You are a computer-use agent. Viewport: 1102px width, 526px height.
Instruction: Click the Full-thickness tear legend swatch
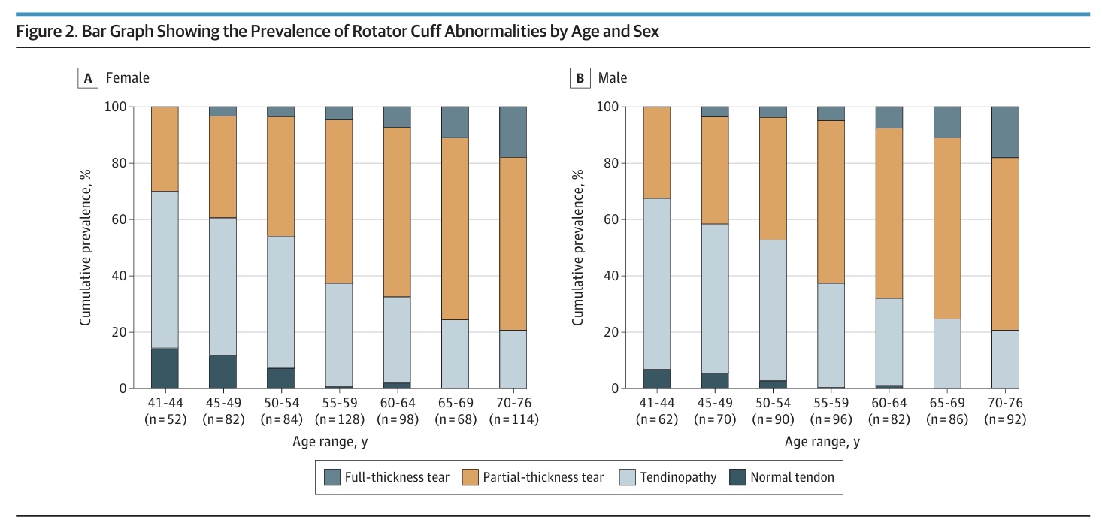pos(332,476)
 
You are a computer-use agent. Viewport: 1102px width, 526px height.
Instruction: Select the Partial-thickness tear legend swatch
pos(471,476)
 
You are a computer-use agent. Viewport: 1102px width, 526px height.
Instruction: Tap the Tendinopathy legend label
pos(678,476)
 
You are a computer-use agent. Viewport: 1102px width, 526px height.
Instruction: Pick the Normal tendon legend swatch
pos(737,476)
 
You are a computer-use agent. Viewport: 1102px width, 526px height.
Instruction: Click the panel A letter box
pos(88,77)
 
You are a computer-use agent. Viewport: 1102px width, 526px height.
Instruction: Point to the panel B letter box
pos(580,77)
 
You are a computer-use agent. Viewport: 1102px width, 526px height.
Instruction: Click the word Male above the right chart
pos(613,77)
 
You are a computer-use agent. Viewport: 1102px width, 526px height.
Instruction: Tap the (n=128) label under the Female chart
pos(340,419)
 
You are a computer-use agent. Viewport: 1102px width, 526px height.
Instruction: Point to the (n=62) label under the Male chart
pos(657,419)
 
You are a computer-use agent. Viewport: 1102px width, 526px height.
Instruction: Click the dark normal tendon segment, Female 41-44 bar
pos(165,368)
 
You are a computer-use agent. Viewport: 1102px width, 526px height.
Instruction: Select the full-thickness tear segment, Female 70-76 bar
pos(513,131)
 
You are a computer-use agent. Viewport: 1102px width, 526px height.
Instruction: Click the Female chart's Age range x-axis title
pos(330,442)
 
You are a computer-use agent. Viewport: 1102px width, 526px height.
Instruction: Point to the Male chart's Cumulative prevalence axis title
pos(578,247)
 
